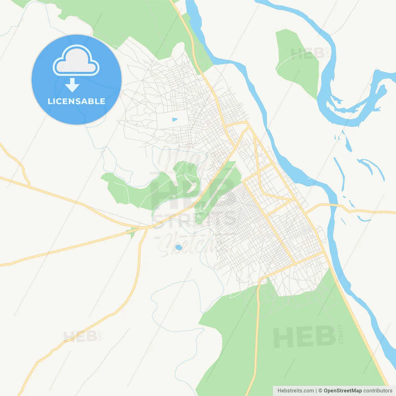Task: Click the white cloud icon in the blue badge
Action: tap(76, 61)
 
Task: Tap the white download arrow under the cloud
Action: tap(72, 85)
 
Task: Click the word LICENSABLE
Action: tap(76, 101)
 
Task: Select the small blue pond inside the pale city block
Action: tap(175, 119)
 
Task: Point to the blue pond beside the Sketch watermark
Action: tap(179, 247)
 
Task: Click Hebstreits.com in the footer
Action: tap(295, 391)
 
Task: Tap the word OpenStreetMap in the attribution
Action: tap(342, 391)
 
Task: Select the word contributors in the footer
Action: tap(378, 391)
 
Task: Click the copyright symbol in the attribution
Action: tap(320, 391)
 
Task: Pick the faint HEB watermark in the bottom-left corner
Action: tap(80, 336)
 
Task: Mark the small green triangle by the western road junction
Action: tap(132, 233)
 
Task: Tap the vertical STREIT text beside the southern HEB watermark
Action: tap(341, 334)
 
